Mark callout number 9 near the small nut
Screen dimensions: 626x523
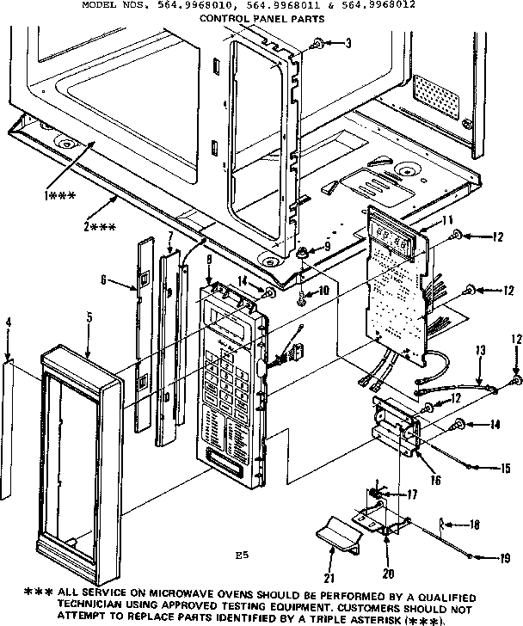click(326, 247)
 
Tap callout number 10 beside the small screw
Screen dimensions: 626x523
click(323, 291)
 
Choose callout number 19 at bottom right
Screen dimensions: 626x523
click(505, 558)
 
